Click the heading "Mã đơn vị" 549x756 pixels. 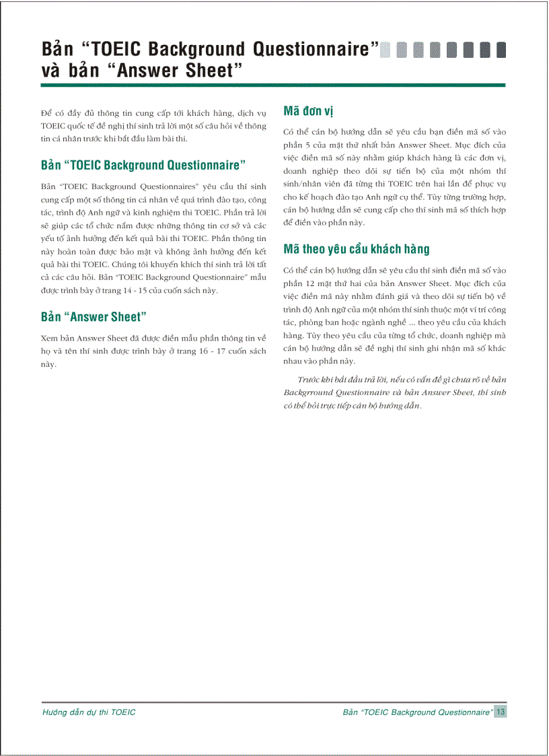[x=313, y=110]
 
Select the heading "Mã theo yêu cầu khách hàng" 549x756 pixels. [x=356, y=249]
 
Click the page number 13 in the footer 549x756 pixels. [x=501, y=712]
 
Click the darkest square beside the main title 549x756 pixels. [x=501, y=50]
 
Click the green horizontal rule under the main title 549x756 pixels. [x=272, y=85]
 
